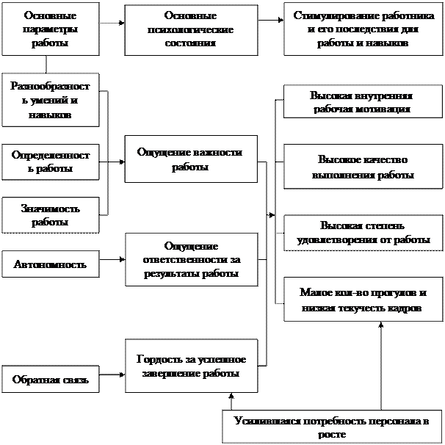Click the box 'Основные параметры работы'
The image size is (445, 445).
[x=50, y=29]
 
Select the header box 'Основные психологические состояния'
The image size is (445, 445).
[x=191, y=29]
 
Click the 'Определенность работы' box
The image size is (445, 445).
[x=50, y=162]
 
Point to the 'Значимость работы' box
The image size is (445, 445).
[x=50, y=214]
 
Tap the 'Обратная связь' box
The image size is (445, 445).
[x=50, y=380]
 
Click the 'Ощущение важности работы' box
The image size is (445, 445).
[x=191, y=159]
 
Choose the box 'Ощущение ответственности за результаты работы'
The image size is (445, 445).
[x=191, y=260]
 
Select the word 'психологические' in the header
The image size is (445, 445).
[x=191, y=29]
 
